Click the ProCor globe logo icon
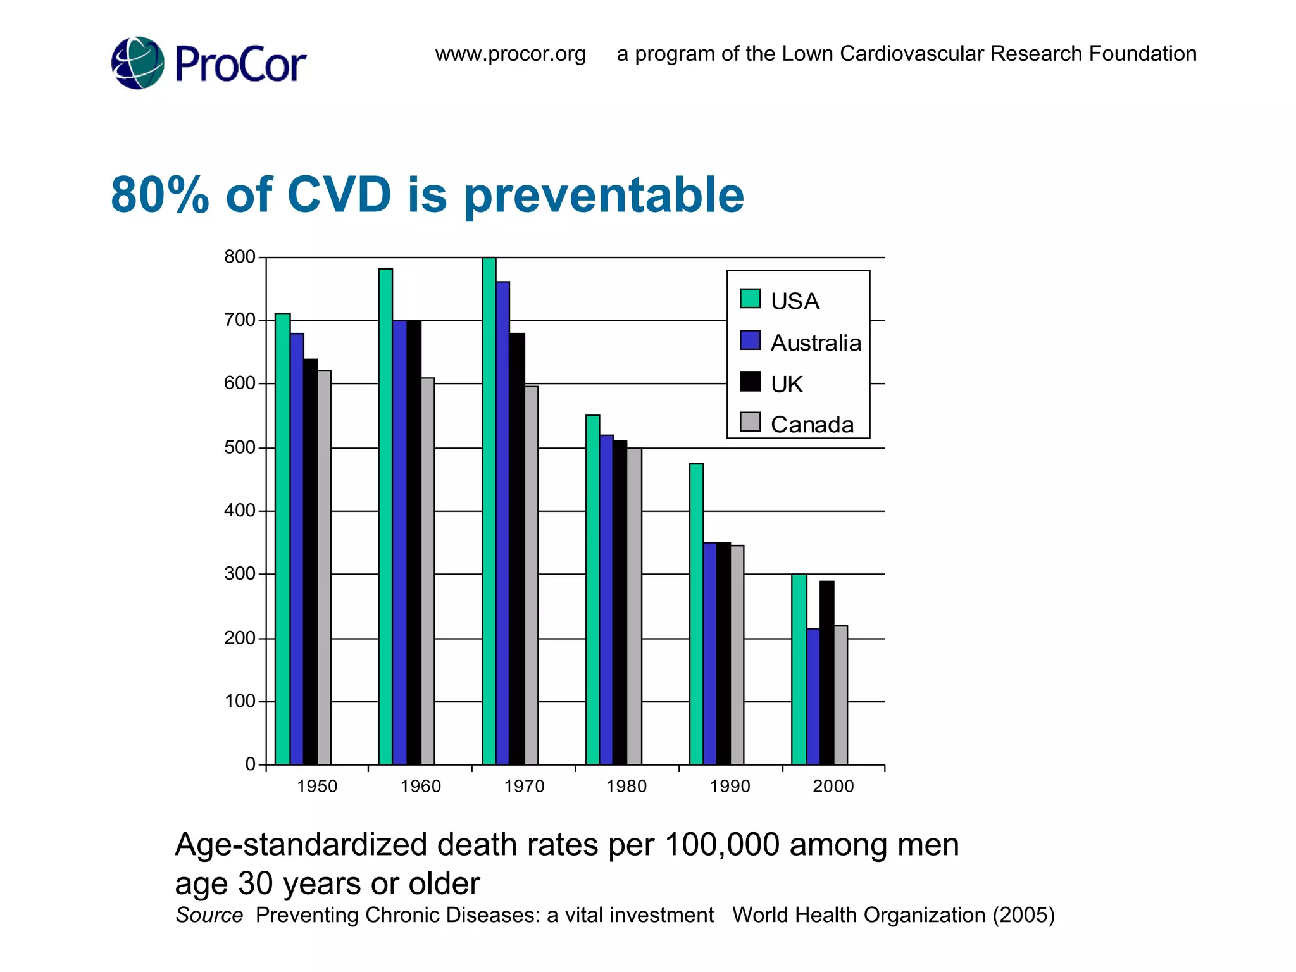coord(138,63)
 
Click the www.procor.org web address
coord(510,54)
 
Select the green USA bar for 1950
coord(282,538)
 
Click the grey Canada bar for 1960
coord(427,570)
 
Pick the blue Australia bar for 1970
coord(502,522)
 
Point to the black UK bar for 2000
coord(826,672)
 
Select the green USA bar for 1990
coord(696,614)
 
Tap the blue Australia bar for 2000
coord(813,696)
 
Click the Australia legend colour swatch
coord(750,340)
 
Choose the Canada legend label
coord(812,424)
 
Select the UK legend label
coord(787,384)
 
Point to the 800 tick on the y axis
coord(239,257)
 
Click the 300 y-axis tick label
coord(239,574)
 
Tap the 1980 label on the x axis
coord(626,786)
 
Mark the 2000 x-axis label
coord(833,786)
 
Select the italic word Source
coord(209,915)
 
